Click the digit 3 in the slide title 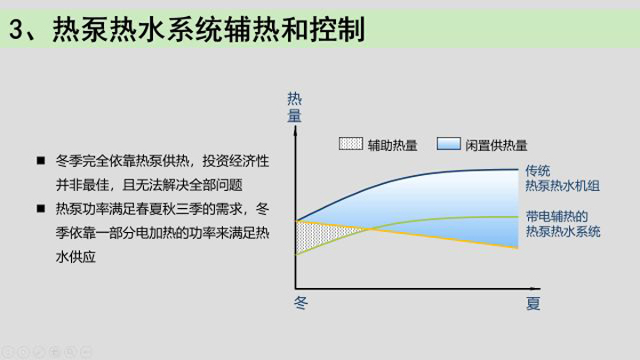(17, 29)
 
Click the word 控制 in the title (337, 29)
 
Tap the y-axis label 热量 (294, 108)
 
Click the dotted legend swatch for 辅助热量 (350, 144)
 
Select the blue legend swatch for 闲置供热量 (449, 144)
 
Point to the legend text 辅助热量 (392, 145)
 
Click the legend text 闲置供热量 (496, 145)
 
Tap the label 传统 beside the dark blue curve (538, 171)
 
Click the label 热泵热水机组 (563, 186)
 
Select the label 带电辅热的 (556, 216)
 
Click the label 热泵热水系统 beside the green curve (563, 231)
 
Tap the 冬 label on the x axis (300, 303)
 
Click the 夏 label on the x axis (533, 303)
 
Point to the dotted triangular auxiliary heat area (318, 235)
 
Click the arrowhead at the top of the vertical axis (295, 131)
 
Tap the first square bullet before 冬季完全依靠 (41, 160)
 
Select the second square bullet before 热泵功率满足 (41, 209)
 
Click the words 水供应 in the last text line (76, 257)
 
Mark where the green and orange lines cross (369, 229)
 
